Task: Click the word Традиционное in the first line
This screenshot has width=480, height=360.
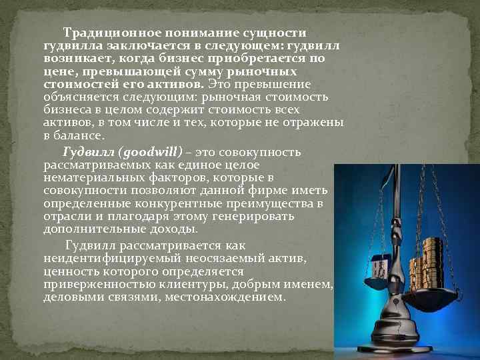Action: pos(104,32)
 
